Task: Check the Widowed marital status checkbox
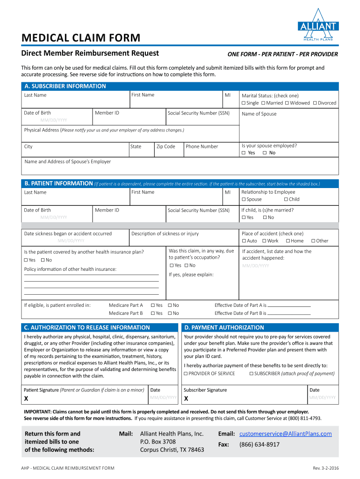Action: (288, 103)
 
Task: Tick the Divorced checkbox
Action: (315, 103)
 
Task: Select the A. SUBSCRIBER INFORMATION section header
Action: (65, 86)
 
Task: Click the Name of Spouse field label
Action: (259, 114)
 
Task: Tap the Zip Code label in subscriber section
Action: (166, 146)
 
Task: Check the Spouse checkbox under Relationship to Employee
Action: (244, 199)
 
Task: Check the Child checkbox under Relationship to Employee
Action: (285, 199)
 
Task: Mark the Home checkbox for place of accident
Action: (288, 241)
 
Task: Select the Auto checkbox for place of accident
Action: (244, 241)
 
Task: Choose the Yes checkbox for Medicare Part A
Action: (152, 305)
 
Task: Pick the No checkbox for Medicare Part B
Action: (170, 313)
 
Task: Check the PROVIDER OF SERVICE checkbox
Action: (186, 373)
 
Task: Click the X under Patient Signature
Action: (26, 399)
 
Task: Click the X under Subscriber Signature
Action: (186, 399)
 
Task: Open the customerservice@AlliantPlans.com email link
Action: (286, 434)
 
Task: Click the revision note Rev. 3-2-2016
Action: (325, 468)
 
